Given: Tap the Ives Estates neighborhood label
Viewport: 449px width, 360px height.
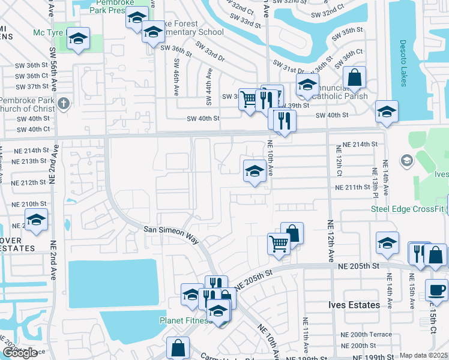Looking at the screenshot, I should coord(354,305).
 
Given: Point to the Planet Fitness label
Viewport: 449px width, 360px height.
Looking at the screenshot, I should coord(184,320).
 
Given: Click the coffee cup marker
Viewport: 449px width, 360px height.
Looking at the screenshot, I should coord(436,290).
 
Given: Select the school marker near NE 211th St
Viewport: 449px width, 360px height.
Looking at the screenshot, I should coord(255,171).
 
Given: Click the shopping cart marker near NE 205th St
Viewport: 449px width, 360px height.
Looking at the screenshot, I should coord(279,244).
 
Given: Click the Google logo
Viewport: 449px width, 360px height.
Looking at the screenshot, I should coord(19,352).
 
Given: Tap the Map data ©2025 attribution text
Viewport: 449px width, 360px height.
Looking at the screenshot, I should coord(424,355).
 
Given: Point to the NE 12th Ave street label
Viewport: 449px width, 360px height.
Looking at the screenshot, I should coord(330,240).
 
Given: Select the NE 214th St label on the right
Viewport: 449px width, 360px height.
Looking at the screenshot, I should coord(360,145).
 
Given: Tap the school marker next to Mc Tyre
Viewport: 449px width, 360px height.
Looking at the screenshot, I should coord(78,39).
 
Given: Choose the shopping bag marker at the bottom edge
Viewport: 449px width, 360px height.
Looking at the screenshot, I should coord(178,347).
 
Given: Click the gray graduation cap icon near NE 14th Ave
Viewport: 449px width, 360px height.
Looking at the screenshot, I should coord(407,160).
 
